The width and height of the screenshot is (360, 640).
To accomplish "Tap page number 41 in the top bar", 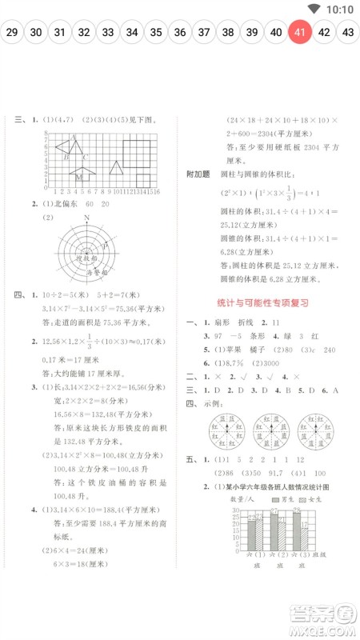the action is [299, 33].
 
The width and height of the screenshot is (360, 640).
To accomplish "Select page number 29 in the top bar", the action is [11, 33].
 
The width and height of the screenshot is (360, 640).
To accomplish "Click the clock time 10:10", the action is [340, 10].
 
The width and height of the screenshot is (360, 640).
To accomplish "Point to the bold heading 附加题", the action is [197, 173].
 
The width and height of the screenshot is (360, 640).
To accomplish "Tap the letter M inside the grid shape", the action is [79, 175].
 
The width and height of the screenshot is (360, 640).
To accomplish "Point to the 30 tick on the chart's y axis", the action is [235, 510].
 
